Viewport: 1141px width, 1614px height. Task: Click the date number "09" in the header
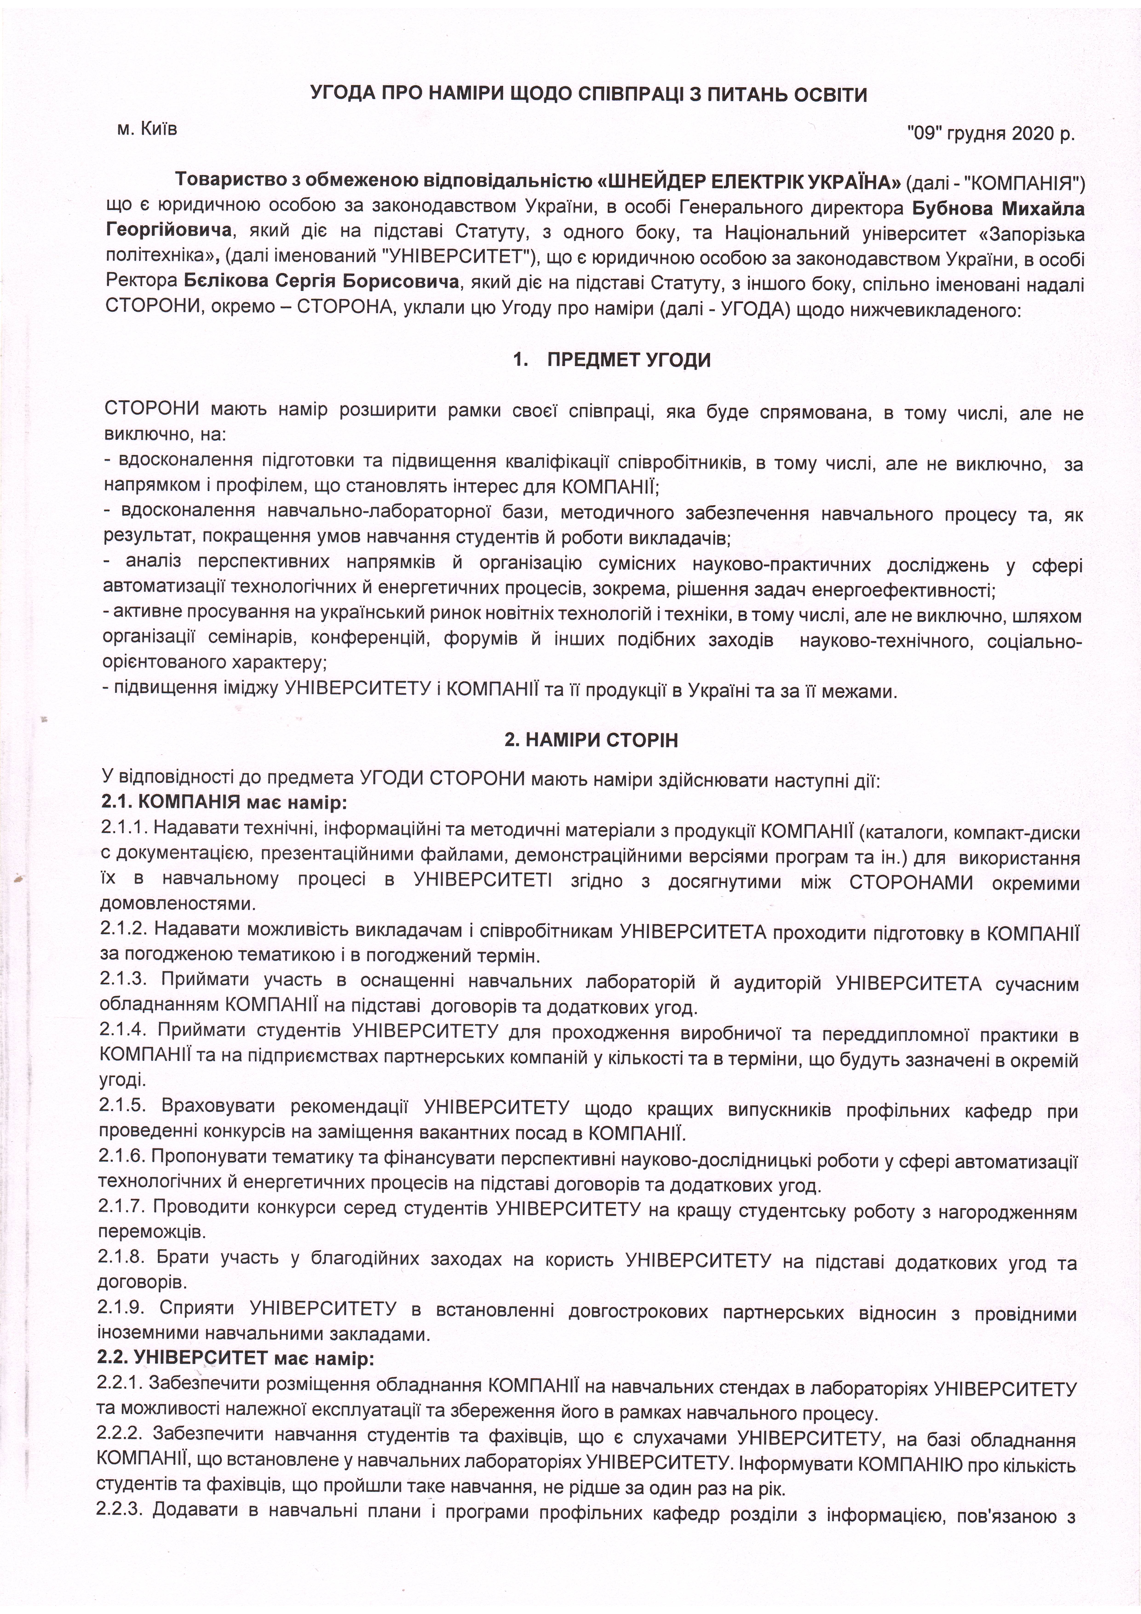(925, 134)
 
